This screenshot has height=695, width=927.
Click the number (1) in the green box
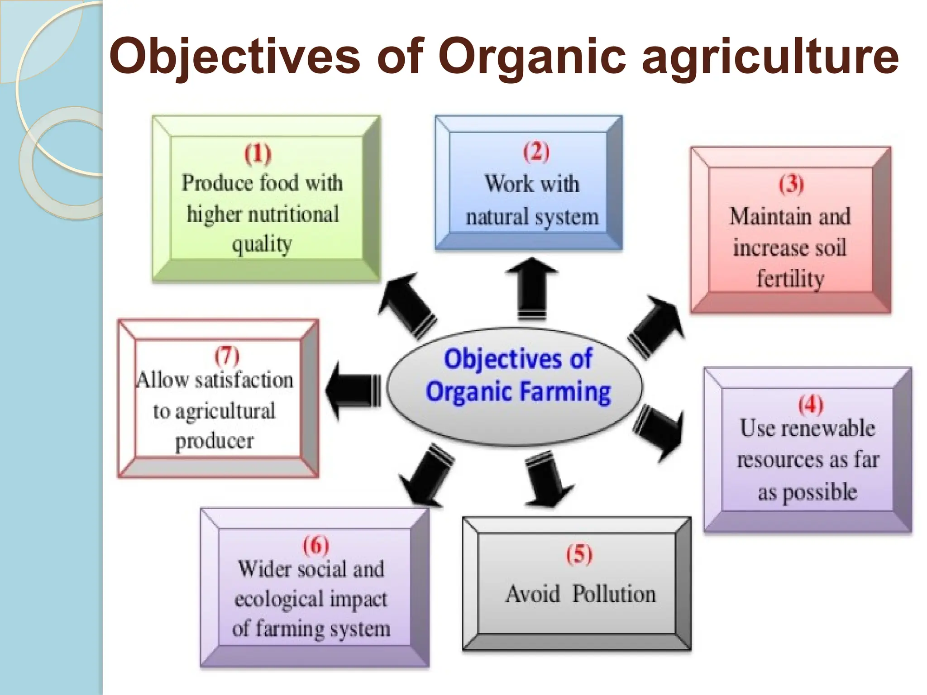pos(258,154)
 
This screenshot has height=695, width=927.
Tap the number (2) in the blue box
pos(536,152)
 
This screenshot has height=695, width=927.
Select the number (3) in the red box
pos(791,184)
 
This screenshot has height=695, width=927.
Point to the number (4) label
pos(810,404)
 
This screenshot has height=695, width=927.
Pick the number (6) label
pos(315,545)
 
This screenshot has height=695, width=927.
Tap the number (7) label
pos(227,356)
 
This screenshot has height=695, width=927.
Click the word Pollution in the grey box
pos(614,594)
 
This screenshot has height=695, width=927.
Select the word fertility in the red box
pos(790,278)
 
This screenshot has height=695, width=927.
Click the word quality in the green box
pos(262,245)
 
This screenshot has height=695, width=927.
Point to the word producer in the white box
pos(215,441)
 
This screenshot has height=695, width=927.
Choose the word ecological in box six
pos(279,599)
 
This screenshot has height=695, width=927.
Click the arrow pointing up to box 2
pos(532,288)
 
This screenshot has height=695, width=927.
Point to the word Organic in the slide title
pos(532,57)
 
